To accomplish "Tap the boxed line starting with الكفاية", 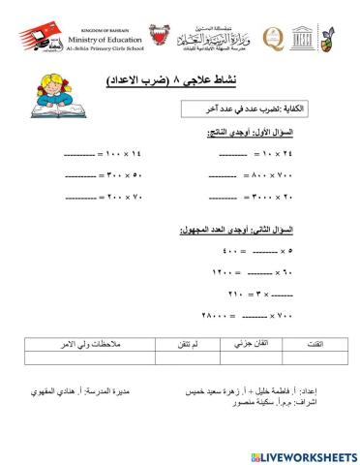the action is pyautogui.click(x=250, y=112).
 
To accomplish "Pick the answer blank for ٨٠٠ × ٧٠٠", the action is pyautogui.click(x=222, y=176).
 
